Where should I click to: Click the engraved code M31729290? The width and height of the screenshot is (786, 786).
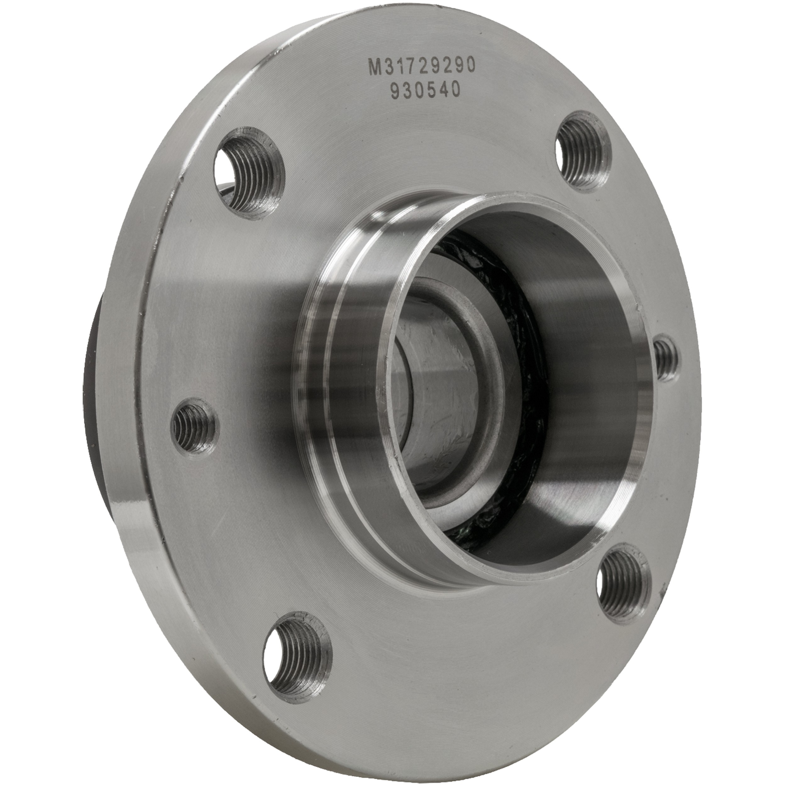click(x=422, y=65)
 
